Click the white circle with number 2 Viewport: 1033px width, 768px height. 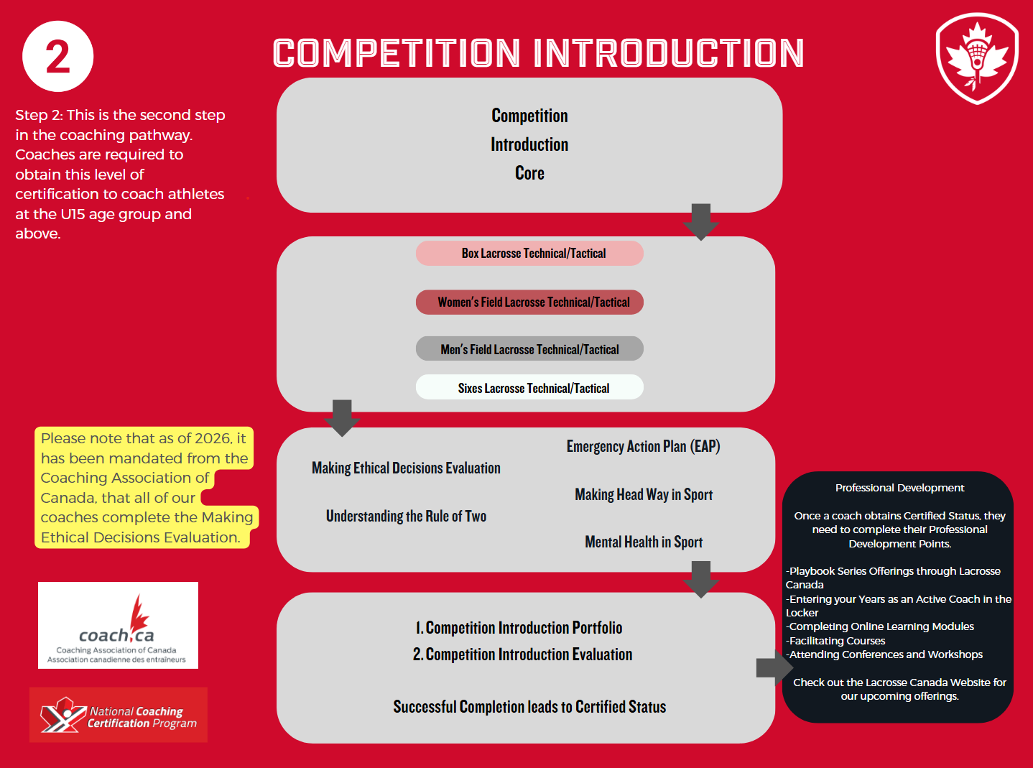tap(57, 57)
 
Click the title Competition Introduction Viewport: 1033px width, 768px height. tap(538, 53)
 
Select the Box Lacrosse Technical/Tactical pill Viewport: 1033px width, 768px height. tap(529, 254)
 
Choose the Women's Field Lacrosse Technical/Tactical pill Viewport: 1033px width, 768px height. tap(529, 302)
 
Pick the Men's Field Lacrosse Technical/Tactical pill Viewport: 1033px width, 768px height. tap(529, 350)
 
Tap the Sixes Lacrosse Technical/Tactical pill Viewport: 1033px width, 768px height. tap(529, 388)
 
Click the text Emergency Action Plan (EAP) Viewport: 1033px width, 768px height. tap(643, 447)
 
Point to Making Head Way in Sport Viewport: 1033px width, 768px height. tap(644, 494)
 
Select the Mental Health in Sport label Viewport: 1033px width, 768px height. tap(644, 542)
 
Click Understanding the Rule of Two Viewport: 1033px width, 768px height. tap(406, 517)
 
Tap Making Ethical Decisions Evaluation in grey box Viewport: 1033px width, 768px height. tap(406, 468)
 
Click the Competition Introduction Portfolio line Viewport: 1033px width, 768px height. tap(519, 628)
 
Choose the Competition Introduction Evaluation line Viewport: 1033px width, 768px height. tap(522, 654)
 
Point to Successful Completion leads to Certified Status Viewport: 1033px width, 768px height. tap(529, 707)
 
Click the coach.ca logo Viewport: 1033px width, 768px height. tap(118, 625)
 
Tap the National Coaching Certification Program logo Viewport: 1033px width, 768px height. tap(119, 715)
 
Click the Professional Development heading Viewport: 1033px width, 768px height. tap(899, 488)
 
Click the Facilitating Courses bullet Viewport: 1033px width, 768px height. tap(837, 641)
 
